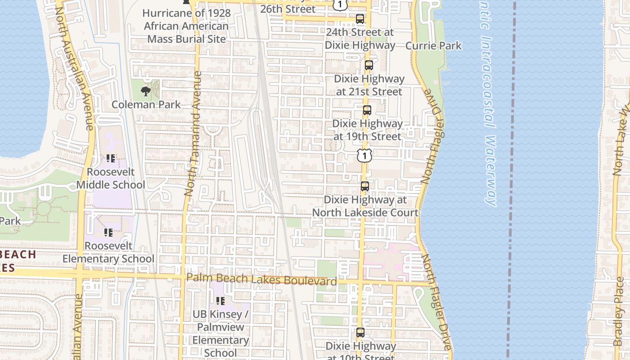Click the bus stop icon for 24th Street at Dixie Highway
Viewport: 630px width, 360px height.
point(360,19)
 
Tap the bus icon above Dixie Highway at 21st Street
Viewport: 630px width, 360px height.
point(369,65)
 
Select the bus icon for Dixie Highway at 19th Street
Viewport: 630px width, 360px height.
point(367,110)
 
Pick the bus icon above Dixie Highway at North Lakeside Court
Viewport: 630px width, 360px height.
point(365,186)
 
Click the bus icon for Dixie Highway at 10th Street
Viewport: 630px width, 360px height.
point(360,333)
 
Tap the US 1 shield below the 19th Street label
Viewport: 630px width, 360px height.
point(364,156)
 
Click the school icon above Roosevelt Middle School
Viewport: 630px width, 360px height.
point(111,158)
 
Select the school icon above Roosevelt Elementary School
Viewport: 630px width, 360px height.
point(108,232)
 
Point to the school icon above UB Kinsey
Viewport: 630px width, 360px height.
point(220,300)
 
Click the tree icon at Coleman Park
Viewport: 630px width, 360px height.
point(145,91)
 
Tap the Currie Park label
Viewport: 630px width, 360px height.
point(433,45)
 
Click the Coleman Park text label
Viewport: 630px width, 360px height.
point(146,104)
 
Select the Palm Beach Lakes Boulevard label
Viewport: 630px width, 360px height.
point(261,279)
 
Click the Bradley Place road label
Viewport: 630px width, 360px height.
point(619,310)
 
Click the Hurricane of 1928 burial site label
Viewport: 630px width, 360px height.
point(186,26)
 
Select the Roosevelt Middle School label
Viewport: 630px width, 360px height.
point(111,178)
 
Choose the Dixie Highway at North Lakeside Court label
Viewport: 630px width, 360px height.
point(365,206)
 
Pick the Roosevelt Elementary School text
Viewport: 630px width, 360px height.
point(108,252)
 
